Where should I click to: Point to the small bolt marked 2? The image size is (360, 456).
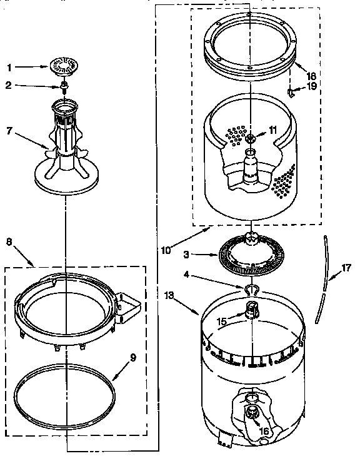click(64, 85)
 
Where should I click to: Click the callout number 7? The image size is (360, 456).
click(9, 131)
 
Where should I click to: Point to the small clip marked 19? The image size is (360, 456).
click(291, 92)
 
